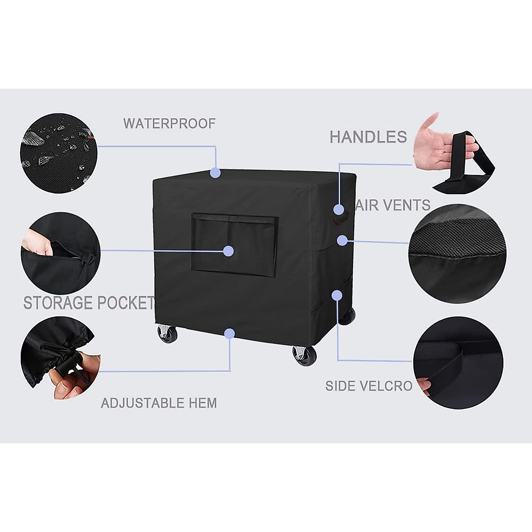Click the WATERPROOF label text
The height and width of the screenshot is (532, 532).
click(169, 123)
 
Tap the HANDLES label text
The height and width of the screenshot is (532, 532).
click(368, 137)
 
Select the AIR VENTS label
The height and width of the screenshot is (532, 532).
click(393, 205)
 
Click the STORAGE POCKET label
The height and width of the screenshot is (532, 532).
click(88, 303)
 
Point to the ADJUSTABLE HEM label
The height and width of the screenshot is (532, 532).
click(159, 403)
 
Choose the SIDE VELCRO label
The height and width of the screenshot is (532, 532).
click(369, 386)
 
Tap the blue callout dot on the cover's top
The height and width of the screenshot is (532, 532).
click(215, 173)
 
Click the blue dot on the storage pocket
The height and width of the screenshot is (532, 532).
click(228, 251)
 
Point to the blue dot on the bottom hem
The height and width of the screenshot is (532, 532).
click(230, 333)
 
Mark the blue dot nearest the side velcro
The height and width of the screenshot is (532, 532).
click(337, 295)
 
